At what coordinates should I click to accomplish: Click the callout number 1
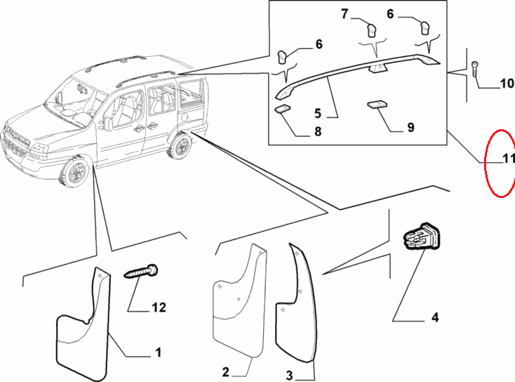pyautogui.click(x=158, y=352)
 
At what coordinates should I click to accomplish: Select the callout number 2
pyautogui.click(x=226, y=371)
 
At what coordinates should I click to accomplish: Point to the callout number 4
pyautogui.click(x=434, y=318)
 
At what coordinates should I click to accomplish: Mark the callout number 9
pyautogui.click(x=410, y=127)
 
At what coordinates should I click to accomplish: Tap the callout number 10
pyautogui.click(x=507, y=85)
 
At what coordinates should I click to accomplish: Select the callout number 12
pyautogui.click(x=159, y=307)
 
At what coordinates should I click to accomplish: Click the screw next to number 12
pyautogui.click(x=142, y=272)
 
